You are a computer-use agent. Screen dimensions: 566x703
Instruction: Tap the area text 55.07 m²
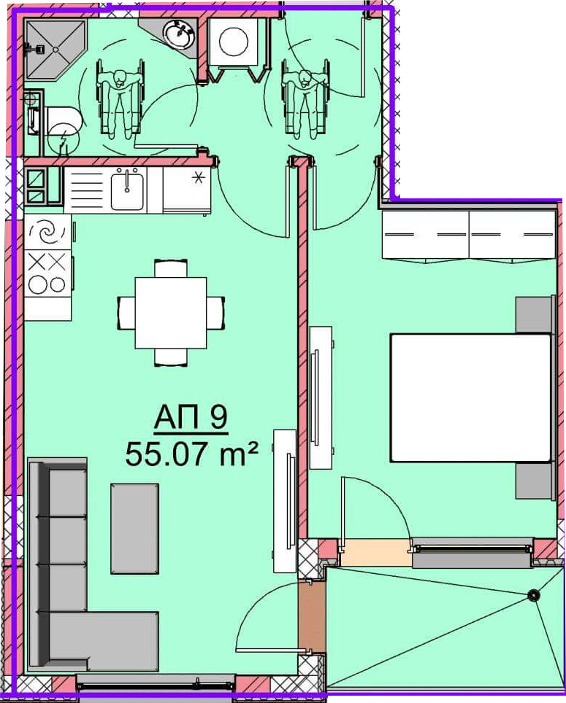(192, 454)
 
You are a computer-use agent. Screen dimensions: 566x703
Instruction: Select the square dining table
(171, 313)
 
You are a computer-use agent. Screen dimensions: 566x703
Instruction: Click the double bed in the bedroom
(470, 397)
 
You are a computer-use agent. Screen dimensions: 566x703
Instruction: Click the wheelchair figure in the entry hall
(305, 98)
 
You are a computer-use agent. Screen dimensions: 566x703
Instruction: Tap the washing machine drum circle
(234, 42)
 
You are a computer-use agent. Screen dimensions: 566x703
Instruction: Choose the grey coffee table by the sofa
(134, 529)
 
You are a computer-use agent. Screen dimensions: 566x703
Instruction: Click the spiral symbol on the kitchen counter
(47, 232)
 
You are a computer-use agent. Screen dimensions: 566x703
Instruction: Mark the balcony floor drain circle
(534, 595)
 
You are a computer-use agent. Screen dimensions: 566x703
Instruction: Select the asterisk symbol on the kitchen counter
(197, 178)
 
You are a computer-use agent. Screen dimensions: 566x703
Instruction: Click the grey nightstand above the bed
(533, 315)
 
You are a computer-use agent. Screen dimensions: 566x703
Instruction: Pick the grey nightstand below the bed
(533, 481)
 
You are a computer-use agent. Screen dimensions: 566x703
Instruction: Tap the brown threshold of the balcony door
(312, 616)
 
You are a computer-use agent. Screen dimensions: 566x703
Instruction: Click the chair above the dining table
(171, 268)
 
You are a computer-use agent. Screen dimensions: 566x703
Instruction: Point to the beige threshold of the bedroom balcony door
(375, 552)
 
